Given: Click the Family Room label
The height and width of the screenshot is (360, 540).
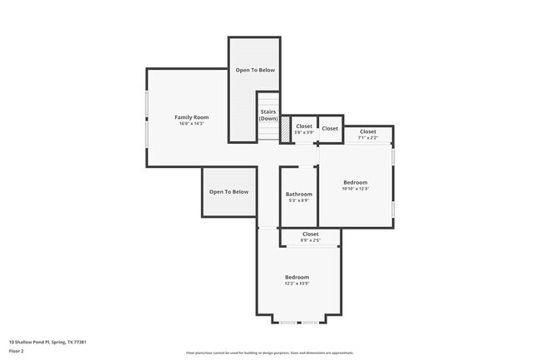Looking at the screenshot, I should point(191,117).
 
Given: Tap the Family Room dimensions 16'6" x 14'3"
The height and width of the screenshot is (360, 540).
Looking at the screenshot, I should point(191,124).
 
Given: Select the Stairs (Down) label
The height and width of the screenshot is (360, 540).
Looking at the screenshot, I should point(268,115).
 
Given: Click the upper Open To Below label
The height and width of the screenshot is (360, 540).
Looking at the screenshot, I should point(254,70).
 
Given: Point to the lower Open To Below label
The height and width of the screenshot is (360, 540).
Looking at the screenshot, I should point(228,192).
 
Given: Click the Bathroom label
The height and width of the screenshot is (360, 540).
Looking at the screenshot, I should point(298,195).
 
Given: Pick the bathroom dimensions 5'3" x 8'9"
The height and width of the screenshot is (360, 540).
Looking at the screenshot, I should point(298,200).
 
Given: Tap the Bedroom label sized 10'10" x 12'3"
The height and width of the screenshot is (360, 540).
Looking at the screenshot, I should point(355,182).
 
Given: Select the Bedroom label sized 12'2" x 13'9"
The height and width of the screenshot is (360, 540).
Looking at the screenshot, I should point(297,277).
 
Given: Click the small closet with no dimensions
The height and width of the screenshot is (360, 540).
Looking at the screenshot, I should point(330,129).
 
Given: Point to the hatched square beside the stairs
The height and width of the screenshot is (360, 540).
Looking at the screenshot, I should point(285,130).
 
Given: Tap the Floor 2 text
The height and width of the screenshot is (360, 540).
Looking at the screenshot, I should point(17,351).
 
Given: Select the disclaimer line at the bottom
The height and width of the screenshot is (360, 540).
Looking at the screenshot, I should point(269,353).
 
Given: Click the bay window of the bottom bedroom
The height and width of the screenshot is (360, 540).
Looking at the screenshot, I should point(298,322).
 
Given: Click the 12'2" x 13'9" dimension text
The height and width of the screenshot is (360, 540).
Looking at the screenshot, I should point(297,284).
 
